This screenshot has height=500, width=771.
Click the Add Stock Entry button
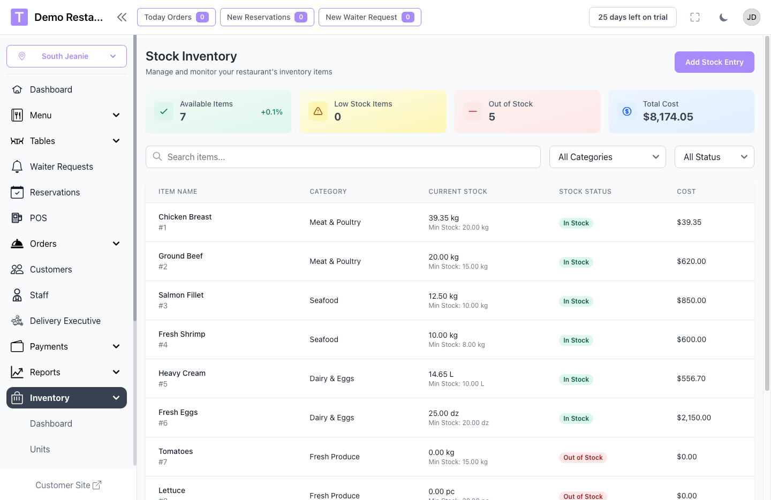pyautogui.click(x=714, y=62)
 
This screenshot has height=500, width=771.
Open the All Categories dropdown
pyautogui.click(x=607, y=157)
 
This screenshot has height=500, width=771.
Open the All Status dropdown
pyautogui.click(x=714, y=157)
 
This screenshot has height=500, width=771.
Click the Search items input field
pyautogui.click(x=343, y=157)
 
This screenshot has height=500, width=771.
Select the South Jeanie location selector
pyautogui.click(x=66, y=56)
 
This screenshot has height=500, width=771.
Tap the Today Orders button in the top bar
pyautogui.click(x=176, y=17)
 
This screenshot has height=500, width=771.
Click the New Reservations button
pyautogui.click(x=267, y=17)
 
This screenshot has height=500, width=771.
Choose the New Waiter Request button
pyautogui.click(x=369, y=17)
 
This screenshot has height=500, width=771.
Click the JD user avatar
pyautogui.click(x=751, y=17)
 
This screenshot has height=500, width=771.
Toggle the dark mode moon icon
pyautogui.click(x=723, y=17)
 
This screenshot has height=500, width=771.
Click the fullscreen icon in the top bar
pyautogui.click(x=695, y=17)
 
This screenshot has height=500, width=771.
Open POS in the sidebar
pyautogui.click(x=39, y=218)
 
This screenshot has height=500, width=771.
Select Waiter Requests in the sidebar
pyautogui.click(x=61, y=166)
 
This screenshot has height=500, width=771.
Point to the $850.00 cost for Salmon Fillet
pyautogui.click(x=691, y=300)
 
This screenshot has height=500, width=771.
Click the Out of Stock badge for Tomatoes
pyautogui.click(x=583, y=458)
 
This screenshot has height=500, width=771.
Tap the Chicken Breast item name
pyautogui.click(x=185, y=217)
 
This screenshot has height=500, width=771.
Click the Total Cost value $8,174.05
pyautogui.click(x=668, y=117)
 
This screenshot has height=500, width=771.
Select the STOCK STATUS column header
pyautogui.click(x=585, y=192)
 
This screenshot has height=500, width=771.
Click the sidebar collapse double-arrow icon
pyautogui.click(x=122, y=17)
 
